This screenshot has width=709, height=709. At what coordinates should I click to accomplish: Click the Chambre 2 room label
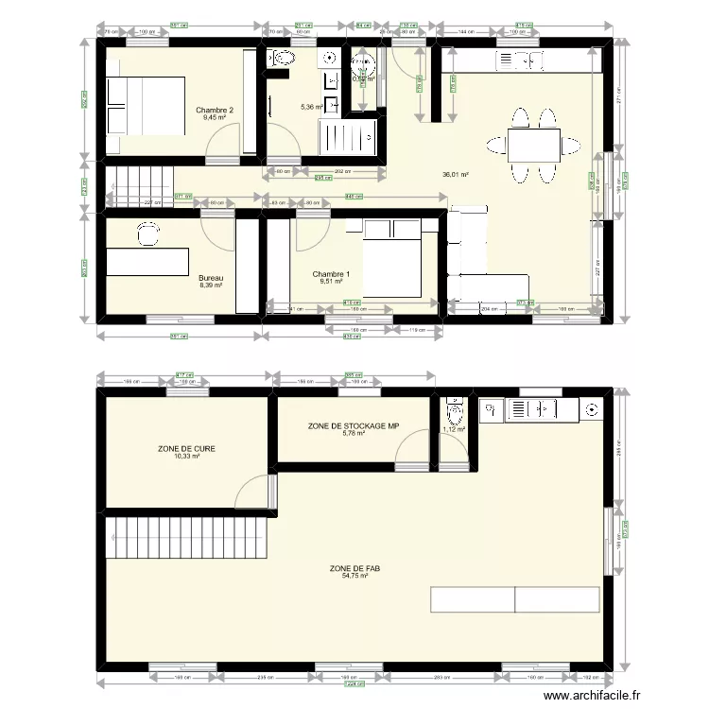pyautogui.click(x=215, y=111)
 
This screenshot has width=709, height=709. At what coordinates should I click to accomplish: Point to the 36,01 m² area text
pyautogui.click(x=456, y=175)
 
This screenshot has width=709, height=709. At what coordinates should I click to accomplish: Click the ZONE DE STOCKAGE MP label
pyautogui.click(x=354, y=426)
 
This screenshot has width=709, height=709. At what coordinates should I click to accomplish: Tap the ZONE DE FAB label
pyautogui.click(x=349, y=569)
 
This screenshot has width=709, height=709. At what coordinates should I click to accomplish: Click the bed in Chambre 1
pyautogui.click(x=389, y=259)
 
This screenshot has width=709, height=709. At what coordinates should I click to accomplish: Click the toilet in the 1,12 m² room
pyautogui.click(x=456, y=412)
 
